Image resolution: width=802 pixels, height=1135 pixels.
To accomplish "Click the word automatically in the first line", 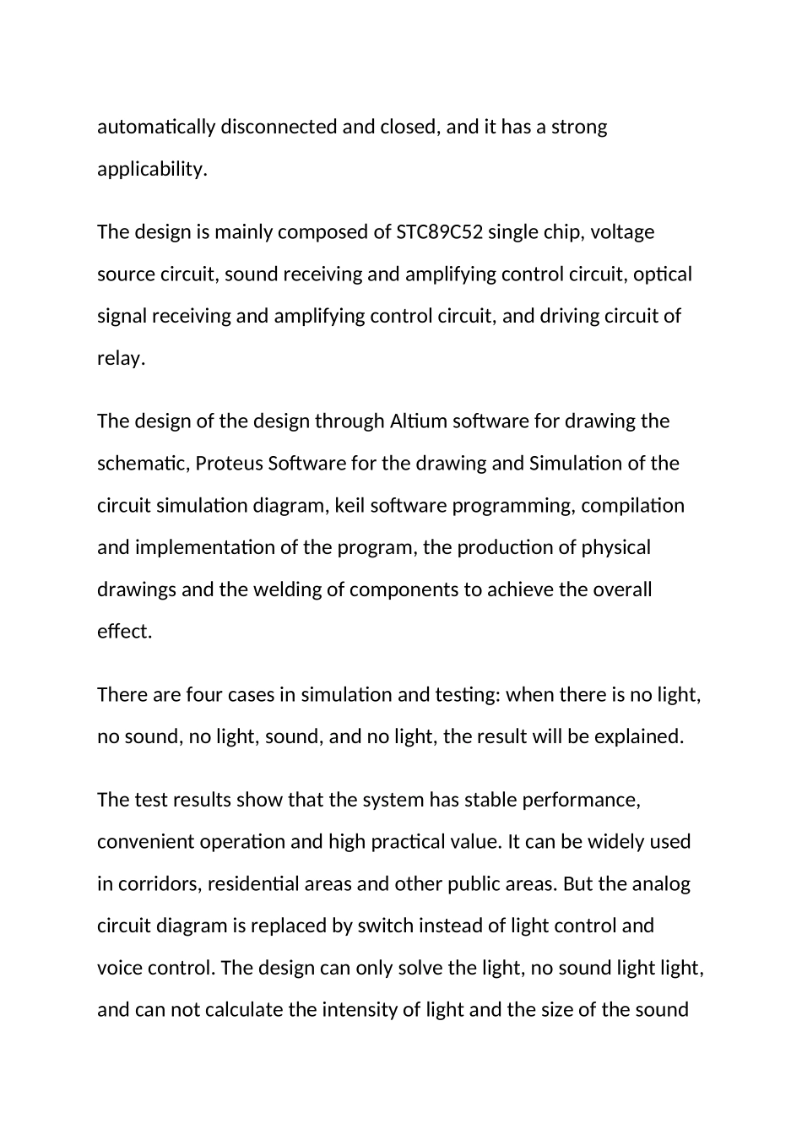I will click(156, 128).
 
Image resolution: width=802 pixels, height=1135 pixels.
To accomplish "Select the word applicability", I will click(152, 170).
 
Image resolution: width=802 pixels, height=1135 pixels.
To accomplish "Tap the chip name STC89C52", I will click(439, 232).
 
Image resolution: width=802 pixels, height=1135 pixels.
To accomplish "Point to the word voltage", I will click(622, 232).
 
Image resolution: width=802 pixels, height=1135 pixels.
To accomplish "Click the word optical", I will click(663, 274).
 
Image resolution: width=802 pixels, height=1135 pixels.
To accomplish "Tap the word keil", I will click(350, 506).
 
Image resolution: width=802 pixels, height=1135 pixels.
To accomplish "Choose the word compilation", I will click(633, 506).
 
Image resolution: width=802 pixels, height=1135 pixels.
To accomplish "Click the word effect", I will click(124, 632).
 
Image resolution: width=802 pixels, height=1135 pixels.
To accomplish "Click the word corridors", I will click(158, 884).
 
